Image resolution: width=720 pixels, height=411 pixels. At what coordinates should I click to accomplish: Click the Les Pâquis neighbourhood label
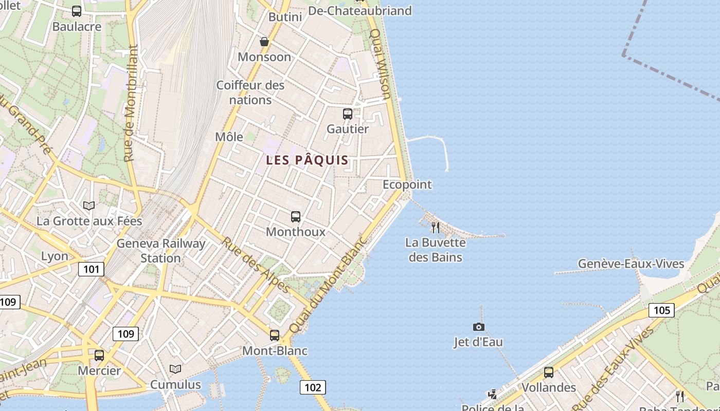point(307,160)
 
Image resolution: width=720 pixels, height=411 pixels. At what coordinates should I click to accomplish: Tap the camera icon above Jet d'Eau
point(478,327)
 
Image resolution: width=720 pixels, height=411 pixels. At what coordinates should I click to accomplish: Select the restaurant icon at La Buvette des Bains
point(436,227)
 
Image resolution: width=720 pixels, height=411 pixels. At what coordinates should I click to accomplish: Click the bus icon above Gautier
point(348,114)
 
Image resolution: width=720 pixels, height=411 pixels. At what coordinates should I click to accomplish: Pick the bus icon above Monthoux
point(295,217)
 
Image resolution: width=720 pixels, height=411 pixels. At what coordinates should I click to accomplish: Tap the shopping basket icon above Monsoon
point(264,42)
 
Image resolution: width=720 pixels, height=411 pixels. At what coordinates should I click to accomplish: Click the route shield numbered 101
point(91,269)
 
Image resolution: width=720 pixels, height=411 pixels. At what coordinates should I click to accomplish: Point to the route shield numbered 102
point(313,387)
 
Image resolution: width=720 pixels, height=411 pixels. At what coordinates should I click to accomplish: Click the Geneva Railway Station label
point(161,251)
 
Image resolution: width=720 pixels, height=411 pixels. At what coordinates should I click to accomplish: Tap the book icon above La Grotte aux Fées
point(89,206)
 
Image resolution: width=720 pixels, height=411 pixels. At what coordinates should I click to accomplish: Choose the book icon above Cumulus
point(175,369)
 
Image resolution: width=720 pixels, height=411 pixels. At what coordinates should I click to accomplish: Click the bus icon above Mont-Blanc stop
point(275,335)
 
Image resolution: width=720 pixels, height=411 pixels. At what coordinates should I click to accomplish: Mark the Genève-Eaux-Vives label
point(631,264)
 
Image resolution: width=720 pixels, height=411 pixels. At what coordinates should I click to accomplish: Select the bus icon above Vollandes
point(549,372)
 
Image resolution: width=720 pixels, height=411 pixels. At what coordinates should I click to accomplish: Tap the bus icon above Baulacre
point(77,11)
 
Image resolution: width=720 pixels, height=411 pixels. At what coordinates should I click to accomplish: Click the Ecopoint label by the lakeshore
point(407,184)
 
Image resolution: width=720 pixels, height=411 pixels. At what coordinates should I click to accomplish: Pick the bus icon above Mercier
point(99,355)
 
